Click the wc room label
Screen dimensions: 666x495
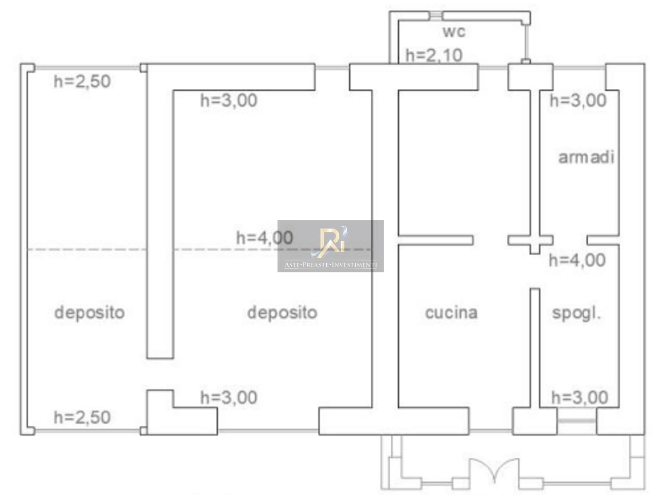tap(454, 31)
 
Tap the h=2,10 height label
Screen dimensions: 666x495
tap(434, 55)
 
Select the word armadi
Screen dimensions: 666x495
tap(586, 157)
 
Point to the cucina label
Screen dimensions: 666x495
tap(451, 312)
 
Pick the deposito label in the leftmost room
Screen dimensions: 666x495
tap(90, 313)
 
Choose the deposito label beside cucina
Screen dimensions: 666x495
tap(282, 313)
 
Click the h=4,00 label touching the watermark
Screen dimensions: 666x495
tap(265, 238)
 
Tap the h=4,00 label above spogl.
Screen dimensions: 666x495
tap(577, 260)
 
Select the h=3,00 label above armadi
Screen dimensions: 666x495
tap(578, 100)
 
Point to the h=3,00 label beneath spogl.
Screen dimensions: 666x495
tap(580, 397)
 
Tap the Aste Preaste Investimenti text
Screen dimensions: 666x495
tap(331, 265)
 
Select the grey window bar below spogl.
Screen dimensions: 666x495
tap(576, 420)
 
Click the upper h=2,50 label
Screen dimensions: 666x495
tap(82, 81)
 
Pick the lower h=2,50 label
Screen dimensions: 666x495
tap(82, 417)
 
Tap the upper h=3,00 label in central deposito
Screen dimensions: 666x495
tap(229, 100)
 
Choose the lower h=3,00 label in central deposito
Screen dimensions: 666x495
tap(229, 397)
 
